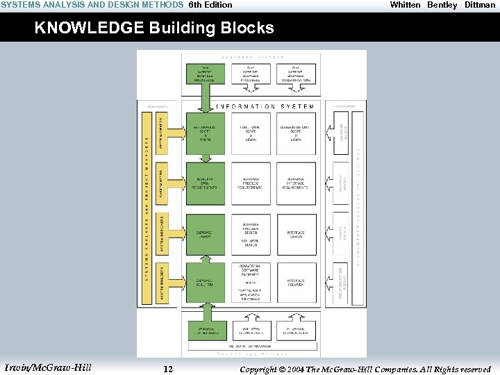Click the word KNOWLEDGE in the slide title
pyautogui.click(x=77, y=28)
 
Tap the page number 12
pyautogui.click(x=168, y=369)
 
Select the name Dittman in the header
pyautogui.click(x=480, y=5)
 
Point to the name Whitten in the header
pyautogui.click(x=405, y=5)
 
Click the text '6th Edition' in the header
pyautogui.click(x=210, y=5)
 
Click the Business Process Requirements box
pyautogui.click(x=250, y=183)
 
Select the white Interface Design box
pyautogui.click(x=296, y=235)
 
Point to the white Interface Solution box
pyautogui.click(x=296, y=283)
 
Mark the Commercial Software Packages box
pyautogui.click(x=250, y=270)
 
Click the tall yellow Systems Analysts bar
pyautogui.click(x=147, y=208)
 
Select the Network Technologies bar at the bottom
pyautogui.click(x=251, y=344)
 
